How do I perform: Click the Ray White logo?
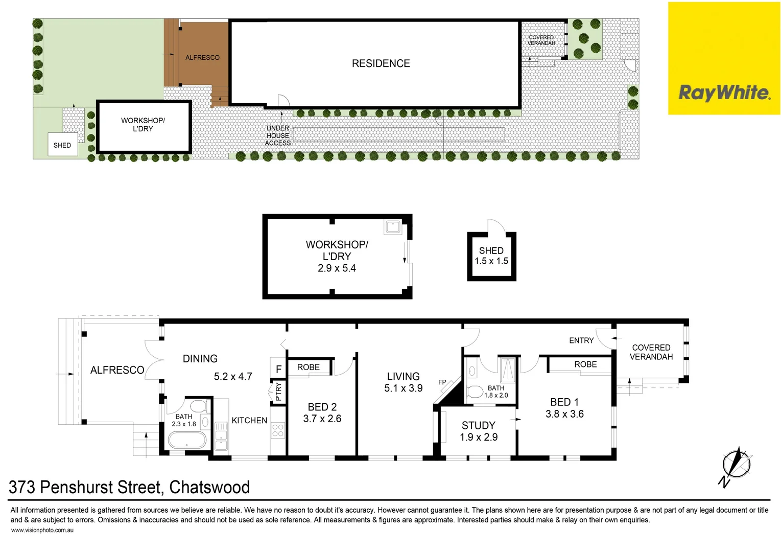724,93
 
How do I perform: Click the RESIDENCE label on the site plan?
381,63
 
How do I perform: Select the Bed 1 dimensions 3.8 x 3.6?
564,415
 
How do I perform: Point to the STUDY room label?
478,425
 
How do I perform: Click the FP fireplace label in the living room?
442,382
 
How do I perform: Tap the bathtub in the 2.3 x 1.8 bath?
187,441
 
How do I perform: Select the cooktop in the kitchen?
277,430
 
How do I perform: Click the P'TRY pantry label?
278,391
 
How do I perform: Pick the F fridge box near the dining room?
278,369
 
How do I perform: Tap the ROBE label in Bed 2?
309,367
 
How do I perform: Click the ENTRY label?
581,340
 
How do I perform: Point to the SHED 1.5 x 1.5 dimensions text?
491,261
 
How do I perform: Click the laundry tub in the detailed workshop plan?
393,226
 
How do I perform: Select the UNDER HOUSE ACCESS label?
278,135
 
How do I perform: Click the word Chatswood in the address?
209,487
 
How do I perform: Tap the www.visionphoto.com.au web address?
42,531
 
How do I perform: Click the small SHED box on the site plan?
62,145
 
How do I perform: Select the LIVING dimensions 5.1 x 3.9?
403,388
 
